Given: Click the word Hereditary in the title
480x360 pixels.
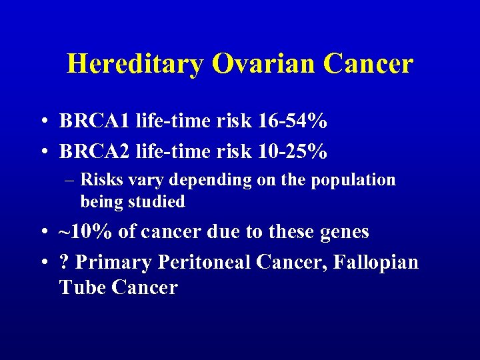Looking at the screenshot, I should pos(135,64).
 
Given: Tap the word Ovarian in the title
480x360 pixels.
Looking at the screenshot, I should pos(264,64).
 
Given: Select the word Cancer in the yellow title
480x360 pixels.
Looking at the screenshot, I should pos(369,64).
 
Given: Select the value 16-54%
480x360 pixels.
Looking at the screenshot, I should pos(292,121).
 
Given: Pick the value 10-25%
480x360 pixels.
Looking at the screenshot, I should pos(292,152).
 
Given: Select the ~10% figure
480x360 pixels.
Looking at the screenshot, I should pos(87,232).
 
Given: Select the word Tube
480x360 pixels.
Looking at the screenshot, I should pos(83,287).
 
